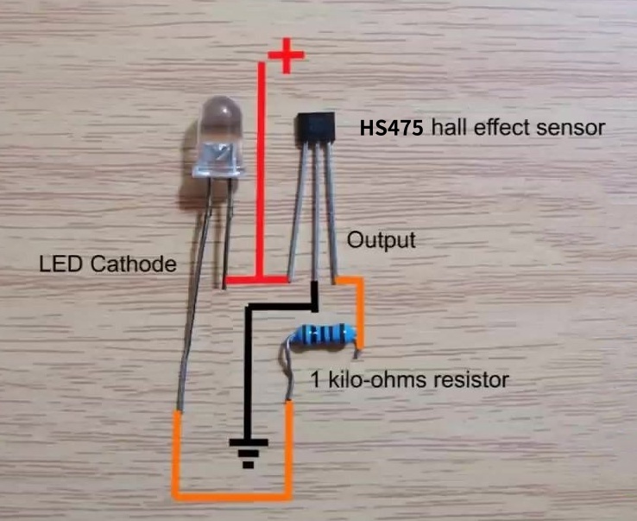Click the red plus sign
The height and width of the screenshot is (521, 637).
click(287, 58)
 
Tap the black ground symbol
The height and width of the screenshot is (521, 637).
click(248, 451)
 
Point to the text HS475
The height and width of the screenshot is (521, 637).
click(391, 129)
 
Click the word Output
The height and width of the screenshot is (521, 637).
click(381, 239)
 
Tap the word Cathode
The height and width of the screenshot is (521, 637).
click(138, 264)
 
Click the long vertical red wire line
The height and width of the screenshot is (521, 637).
click(261, 173)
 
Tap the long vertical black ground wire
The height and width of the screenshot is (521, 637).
click(248, 372)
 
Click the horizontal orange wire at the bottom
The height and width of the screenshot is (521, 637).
click(233, 496)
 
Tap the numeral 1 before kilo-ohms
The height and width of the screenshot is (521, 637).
click(315, 379)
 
